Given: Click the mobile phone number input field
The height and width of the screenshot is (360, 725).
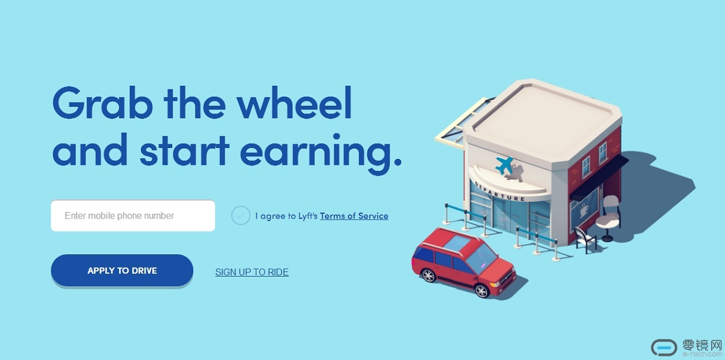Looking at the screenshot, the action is click(133, 216).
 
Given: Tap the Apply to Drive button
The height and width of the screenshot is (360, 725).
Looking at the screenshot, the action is click(122, 271).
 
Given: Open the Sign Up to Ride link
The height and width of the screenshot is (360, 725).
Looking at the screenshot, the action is click(252, 272).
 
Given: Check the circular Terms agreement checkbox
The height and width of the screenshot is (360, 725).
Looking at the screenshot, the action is click(240, 216).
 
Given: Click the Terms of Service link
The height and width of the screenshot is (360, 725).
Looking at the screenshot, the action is click(354, 216).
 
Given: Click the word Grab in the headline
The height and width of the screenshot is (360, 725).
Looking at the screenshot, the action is click(103, 103).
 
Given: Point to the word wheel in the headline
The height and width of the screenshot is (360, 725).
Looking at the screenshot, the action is click(294, 102).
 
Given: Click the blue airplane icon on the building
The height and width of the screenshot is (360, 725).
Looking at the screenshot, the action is click(504, 165).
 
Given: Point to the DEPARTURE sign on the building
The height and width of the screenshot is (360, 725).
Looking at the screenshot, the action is click(499, 191).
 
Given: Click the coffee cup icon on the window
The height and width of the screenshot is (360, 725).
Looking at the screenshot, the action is click(584, 211).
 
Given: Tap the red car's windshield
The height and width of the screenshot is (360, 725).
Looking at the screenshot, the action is click(481, 259).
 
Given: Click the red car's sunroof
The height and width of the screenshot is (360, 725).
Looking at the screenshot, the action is click(457, 243).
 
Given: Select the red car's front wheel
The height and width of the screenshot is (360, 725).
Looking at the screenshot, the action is click(482, 291).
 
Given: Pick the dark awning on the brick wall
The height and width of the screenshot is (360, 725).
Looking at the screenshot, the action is click(599, 177).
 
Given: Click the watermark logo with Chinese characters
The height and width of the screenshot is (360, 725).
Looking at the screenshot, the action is click(687, 348).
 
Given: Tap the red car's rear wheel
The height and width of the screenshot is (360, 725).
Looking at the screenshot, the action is click(428, 275).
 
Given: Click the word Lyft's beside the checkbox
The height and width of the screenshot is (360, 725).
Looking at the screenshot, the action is click(308, 216).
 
